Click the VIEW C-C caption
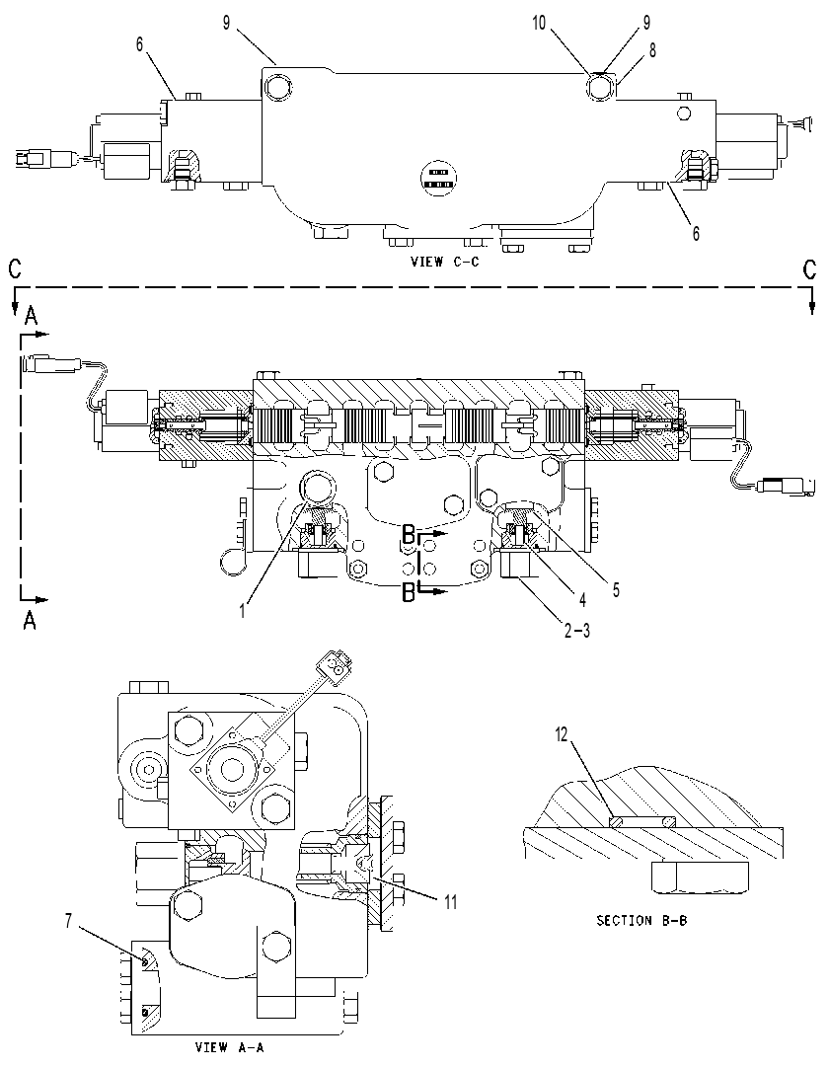pyautogui.click(x=444, y=262)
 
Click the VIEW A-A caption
pyautogui.click(x=229, y=1047)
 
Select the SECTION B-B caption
pyautogui.click(x=641, y=920)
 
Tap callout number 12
pyautogui.click(x=562, y=735)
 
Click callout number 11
pyautogui.click(x=451, y=902)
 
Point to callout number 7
pyautogui.click(x=68, y=921)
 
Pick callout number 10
pyautogui.click(x=539, y=23)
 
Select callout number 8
pyautogui.click(x=652, y=50)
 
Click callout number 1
pyautogui.click(x=242, y=611)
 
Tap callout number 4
pyautogui.click(x=582, y=599)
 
